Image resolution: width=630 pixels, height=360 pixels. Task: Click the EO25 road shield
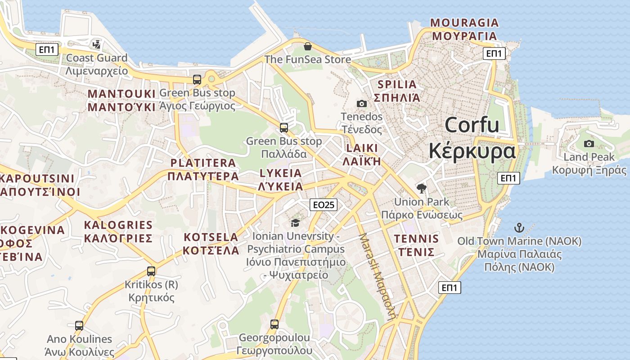tap(324, 205)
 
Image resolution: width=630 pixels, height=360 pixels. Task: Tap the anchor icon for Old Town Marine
tap(519, 228)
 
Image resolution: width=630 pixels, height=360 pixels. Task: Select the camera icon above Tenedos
tap(361, 104)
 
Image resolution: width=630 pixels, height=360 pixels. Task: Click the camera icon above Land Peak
tap(589, 144)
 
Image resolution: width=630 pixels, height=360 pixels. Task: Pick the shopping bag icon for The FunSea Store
tap(308, 46)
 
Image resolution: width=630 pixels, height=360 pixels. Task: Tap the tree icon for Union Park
tap(422, 189)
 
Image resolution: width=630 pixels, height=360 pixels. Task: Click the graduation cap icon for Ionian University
tap(295, 223)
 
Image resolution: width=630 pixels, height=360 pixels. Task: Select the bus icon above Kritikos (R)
tap(151, 271)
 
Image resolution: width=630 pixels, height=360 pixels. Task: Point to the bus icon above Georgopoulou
tap(274, 324)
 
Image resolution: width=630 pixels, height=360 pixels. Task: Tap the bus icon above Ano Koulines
tap(79, 326)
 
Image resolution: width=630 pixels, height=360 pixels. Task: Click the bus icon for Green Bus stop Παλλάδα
tap(283, 128)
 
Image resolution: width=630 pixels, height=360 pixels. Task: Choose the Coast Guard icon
tap(96, 45)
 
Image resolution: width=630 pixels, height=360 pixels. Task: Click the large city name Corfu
tap(472, 125)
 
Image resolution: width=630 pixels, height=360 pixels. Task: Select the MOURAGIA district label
tap(464, 23)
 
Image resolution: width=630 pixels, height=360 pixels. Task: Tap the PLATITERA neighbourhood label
tap(202, 163)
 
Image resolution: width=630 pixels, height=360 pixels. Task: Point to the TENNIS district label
tap(416, 238)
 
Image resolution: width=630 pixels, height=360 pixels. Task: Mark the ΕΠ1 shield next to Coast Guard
tap(47, 49)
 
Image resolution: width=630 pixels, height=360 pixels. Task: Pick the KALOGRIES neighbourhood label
tap(118, 225)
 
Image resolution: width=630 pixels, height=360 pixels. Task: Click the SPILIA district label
tap(397, 84)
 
